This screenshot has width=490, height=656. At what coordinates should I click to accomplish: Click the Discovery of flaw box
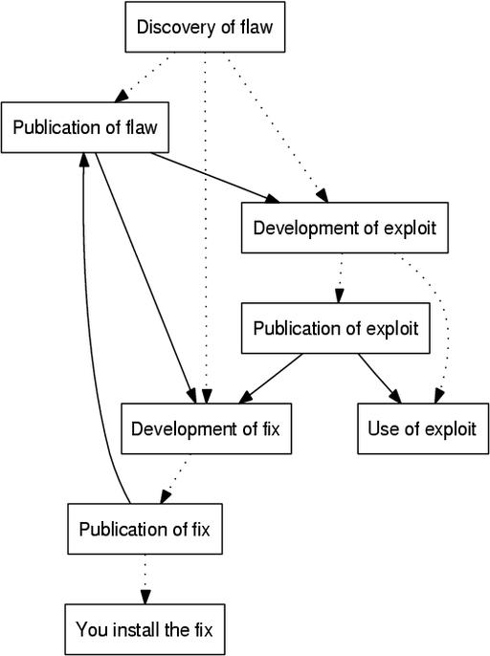pos(205,27)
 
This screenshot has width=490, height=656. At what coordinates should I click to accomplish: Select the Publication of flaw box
pos(85,127)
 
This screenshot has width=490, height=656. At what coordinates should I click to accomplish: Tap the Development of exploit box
pos(345,228)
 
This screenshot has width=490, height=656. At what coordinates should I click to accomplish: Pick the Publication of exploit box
pos(336,328)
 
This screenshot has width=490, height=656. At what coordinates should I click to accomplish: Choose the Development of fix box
pos(206,428)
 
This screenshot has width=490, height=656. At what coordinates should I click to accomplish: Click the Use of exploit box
pos(423,428)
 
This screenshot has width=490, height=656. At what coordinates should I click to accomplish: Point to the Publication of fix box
pos(145,529)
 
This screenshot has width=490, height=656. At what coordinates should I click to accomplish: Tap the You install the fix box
pos(145,629)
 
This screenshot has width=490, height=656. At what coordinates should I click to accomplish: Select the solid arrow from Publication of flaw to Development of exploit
pos(214,178)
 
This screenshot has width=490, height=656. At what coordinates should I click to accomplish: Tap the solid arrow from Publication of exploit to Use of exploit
pos(379,379)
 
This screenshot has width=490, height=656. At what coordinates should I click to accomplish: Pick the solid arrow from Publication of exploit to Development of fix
pos(271,379)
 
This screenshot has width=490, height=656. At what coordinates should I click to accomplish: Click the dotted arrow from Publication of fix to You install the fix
pos(145,579)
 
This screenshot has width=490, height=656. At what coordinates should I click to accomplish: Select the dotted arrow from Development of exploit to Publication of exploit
pos(340,278)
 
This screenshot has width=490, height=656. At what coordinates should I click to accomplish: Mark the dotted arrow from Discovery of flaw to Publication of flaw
pos(143,77)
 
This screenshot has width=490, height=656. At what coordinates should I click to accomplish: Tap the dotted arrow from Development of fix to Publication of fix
pos(175,479)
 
